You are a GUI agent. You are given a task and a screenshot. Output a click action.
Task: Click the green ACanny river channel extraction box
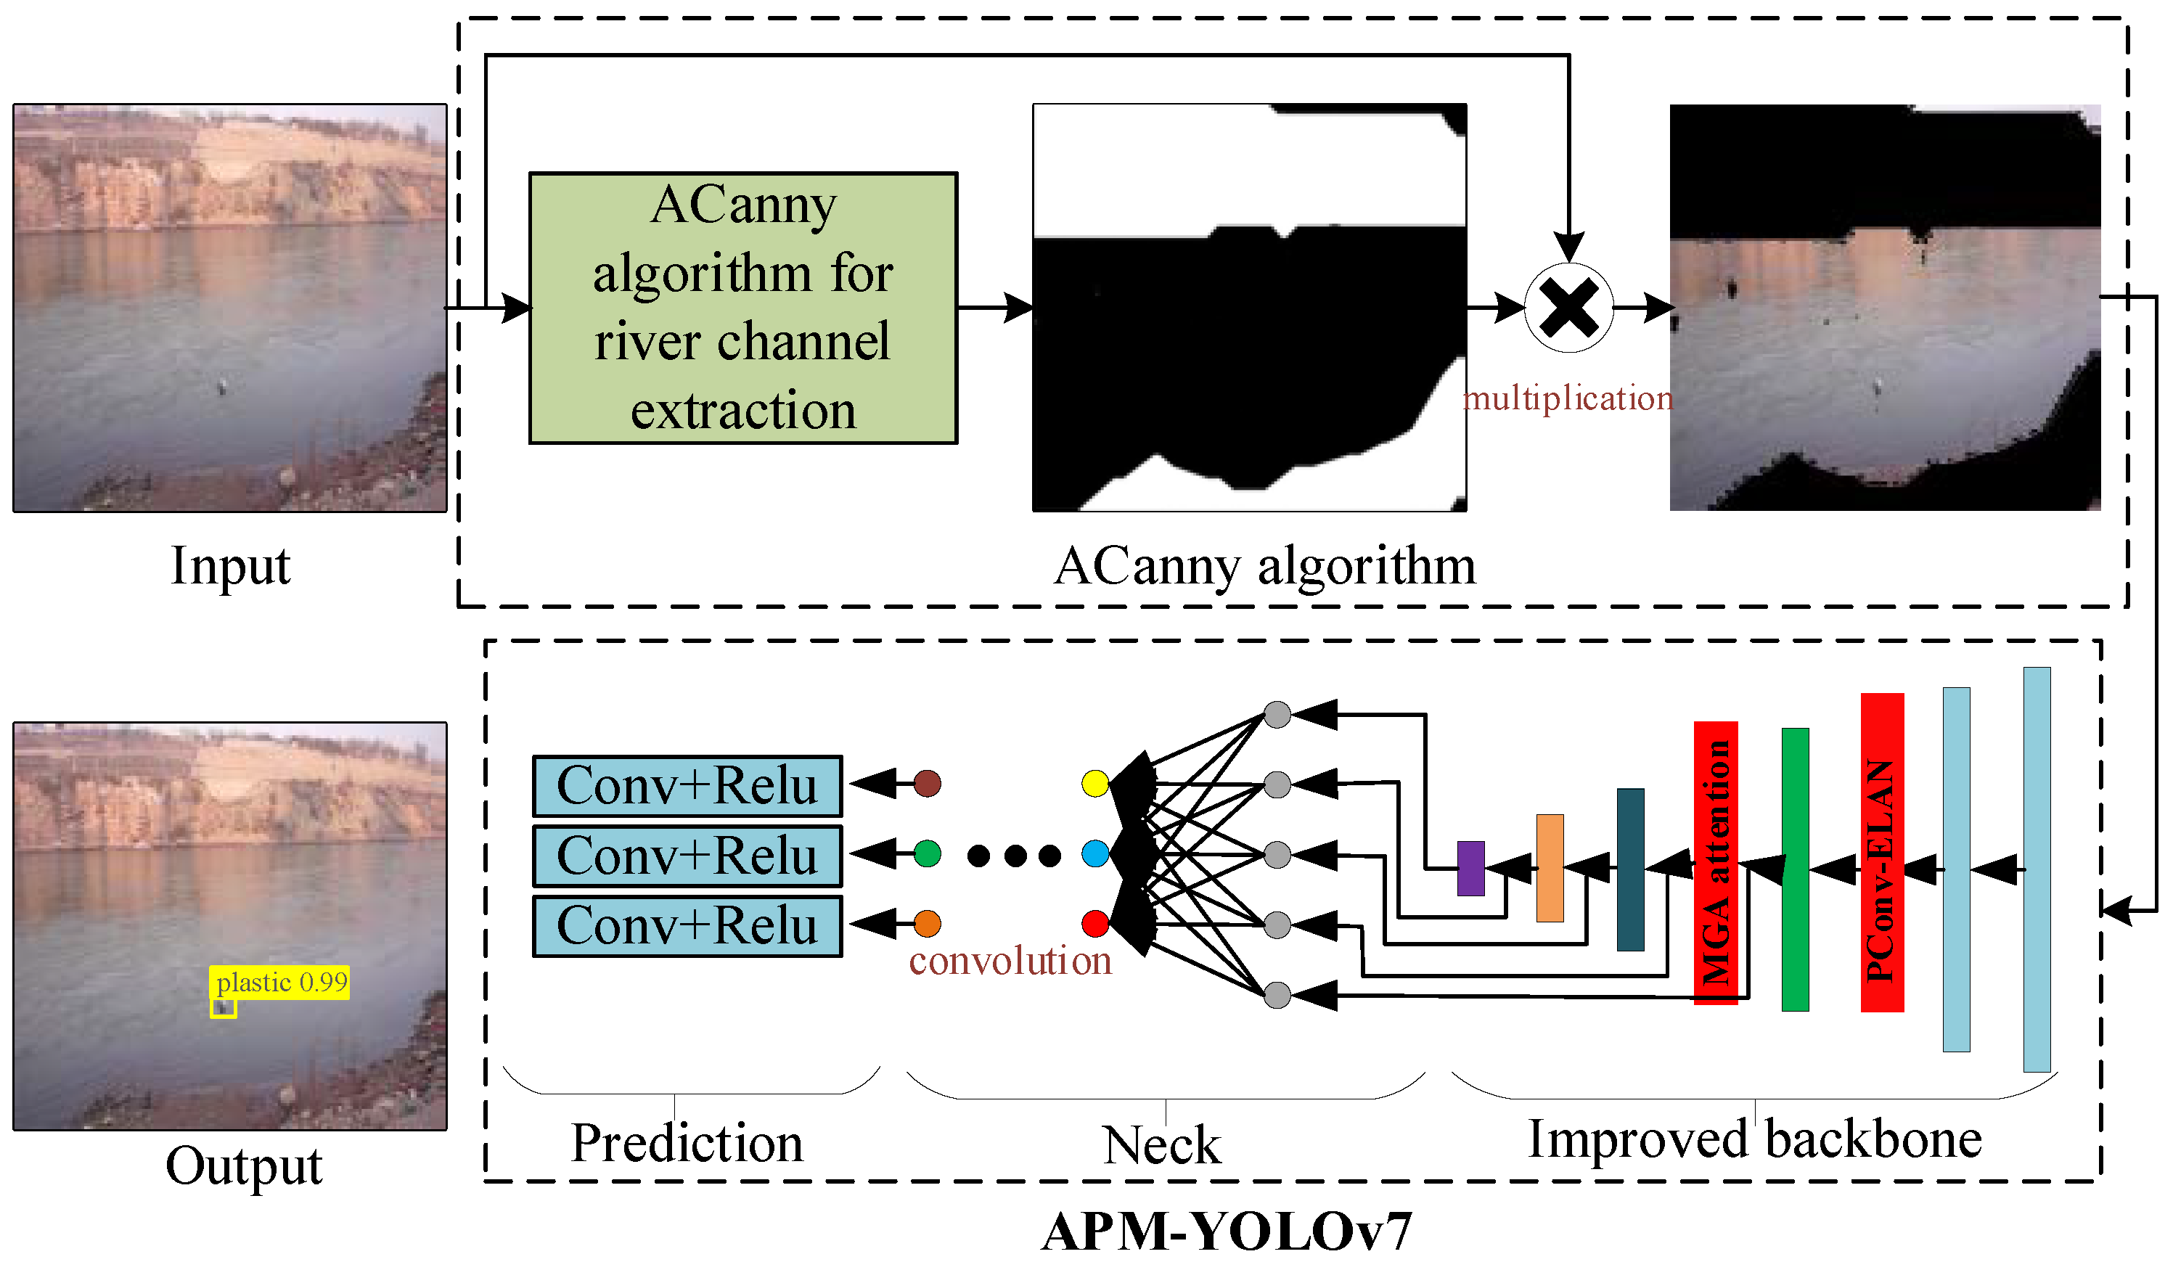[743, 308]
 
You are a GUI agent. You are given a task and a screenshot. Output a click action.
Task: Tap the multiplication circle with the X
[1569, 308]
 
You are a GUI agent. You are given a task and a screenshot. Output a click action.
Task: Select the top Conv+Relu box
[687, 786]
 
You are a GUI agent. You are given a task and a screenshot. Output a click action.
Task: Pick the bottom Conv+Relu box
[687, 927]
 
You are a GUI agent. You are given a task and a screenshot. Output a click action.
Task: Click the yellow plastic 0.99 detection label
[280, 983]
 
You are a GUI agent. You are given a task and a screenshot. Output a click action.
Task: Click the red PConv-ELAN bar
[1883, 853]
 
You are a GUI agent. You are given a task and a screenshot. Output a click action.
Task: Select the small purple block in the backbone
[1471, 869]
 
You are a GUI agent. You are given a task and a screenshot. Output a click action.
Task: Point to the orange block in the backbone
[1550, 868]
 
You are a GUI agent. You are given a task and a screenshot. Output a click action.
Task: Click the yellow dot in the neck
[1095, 784]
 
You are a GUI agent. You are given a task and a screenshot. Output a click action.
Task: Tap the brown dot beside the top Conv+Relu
[927, 784]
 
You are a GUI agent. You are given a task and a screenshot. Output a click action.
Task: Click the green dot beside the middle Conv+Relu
[927, 854]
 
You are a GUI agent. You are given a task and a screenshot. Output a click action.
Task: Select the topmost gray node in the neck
[1277, 715]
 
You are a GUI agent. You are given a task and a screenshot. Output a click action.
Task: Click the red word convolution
[1010, 961]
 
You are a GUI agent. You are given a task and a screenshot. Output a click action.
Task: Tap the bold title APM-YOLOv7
[1228, 1231]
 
